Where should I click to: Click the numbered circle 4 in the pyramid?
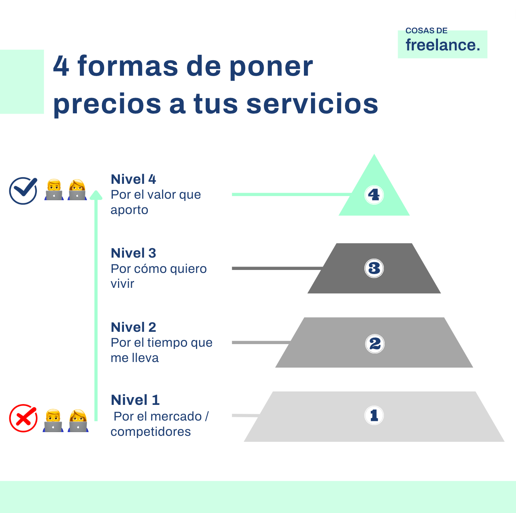tap(374, 194)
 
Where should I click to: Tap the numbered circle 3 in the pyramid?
tap(374, 268)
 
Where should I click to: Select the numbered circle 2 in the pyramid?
tap(374, 343)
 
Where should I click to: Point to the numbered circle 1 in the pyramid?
tap(374, 415)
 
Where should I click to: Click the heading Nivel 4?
tap(133, 179)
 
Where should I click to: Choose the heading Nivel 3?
tap(133, 253)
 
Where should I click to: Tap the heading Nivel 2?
tap(133, 327)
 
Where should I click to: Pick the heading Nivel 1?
tap(135, 400)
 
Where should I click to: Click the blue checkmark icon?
tap(23, 191)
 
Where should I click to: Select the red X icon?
tap(23, 418)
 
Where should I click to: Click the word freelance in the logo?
tap(442, 45)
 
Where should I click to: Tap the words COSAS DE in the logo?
tap(426, 31)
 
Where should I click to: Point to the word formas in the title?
tap(128, 66)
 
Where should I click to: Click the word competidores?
tap(150, 432)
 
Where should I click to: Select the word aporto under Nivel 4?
tap(129, 210)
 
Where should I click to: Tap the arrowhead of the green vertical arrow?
tap(96, 195)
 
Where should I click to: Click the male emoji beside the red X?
tap(53, 421)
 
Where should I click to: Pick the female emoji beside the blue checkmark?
tap(77, 190)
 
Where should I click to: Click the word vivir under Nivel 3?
tap(122, 284)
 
